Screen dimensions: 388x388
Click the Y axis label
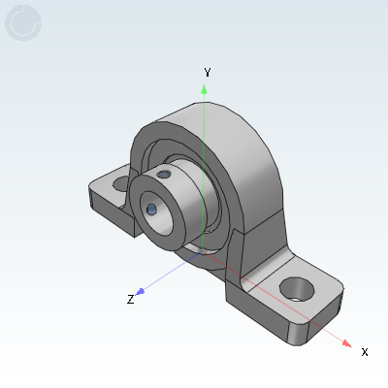(208, 72)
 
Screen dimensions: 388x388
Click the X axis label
(365, 352)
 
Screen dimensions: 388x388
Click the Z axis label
(130, 299)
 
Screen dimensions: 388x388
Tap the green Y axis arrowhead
(204, 89)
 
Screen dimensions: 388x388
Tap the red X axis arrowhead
(347, 343)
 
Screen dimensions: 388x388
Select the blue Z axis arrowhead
(141, 292)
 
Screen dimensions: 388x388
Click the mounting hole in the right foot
(297, 289)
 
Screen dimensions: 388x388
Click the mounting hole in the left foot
(121, 183)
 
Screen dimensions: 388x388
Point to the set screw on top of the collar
(163, 175)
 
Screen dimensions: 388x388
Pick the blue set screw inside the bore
(151, 210)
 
